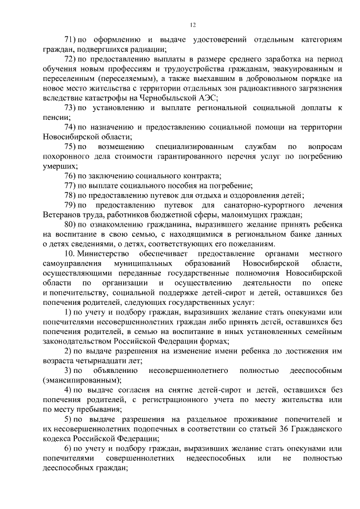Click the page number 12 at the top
click(192, 25)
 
